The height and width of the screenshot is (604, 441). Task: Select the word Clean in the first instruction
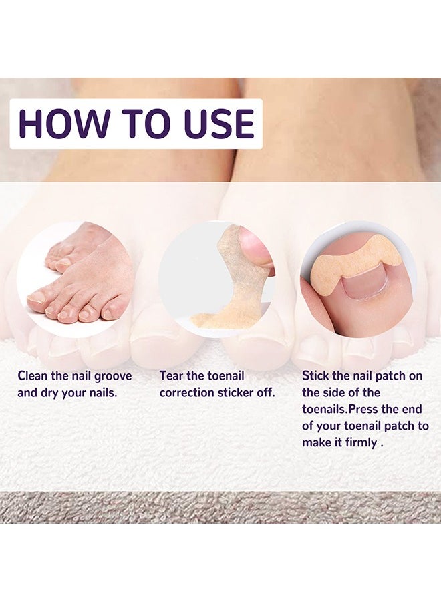(33, 376)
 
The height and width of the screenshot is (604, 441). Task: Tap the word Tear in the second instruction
(171, 376)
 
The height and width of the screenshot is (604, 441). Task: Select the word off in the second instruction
(263, 393)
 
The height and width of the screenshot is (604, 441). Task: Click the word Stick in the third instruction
(315, 376)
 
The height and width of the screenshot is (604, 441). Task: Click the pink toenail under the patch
(365, 283)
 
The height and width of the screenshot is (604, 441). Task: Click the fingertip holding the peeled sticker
(257, 248)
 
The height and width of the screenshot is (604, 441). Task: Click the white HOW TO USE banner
(136, 124)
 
